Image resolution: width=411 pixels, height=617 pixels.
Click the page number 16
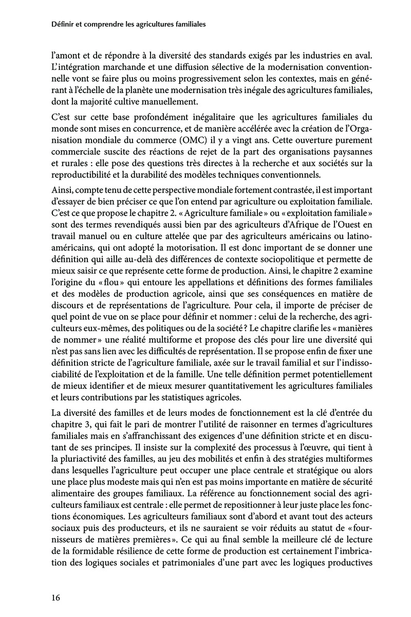click(x=56, y=597)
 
